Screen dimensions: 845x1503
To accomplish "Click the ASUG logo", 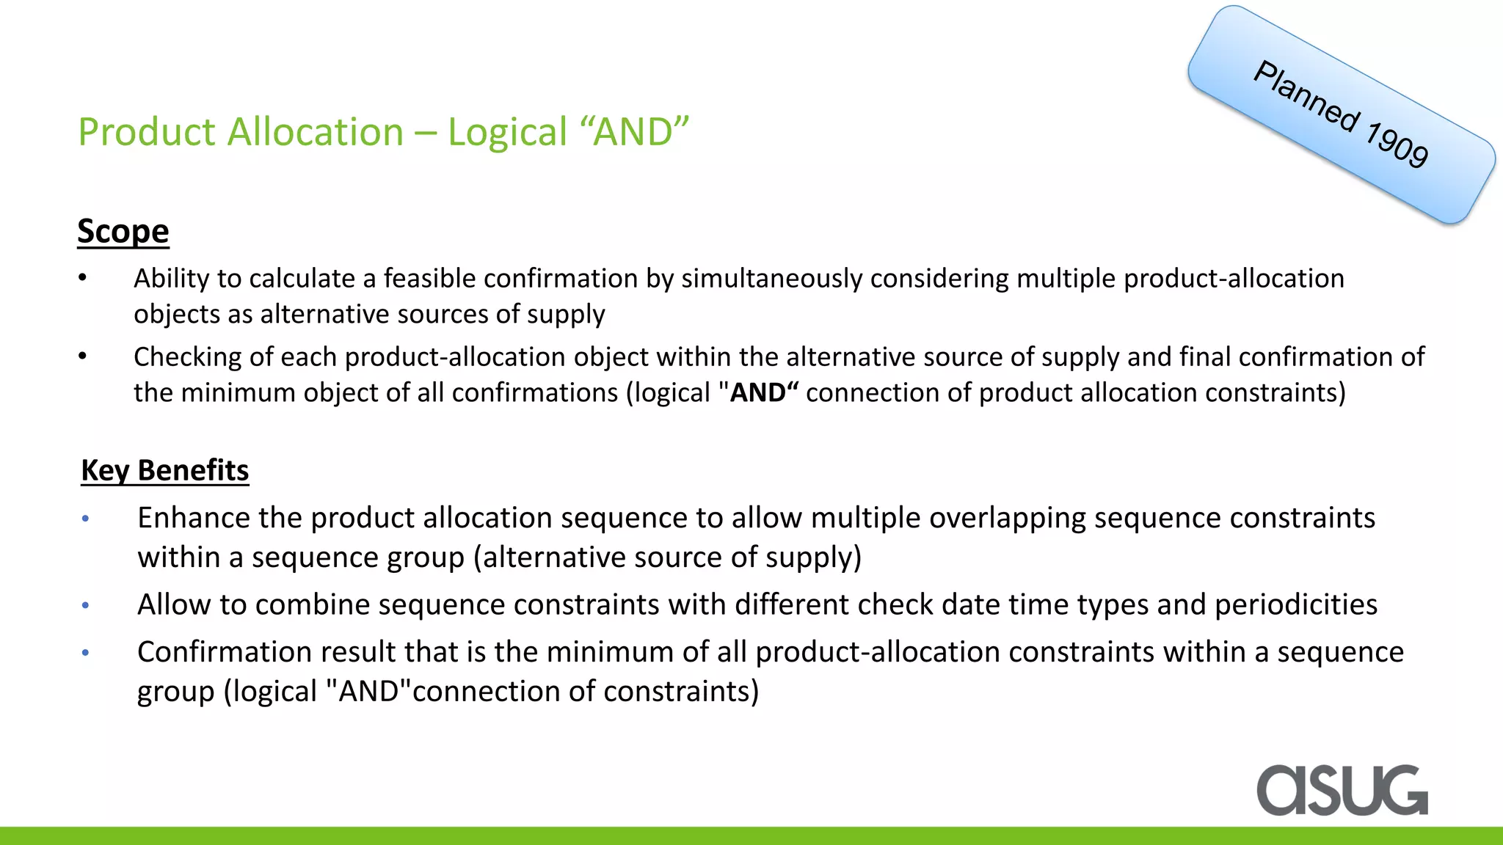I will [x=1342, y=790].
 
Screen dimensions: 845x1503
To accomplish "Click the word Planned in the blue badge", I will [x=1307, y=98].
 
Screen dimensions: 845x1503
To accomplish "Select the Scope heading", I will [x=123, y=231].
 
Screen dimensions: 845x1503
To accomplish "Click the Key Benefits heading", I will [x=165, y=470].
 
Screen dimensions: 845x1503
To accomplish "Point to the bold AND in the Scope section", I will [x=758, y=392].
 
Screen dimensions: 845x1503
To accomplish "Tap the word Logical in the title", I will [x=508, y=132].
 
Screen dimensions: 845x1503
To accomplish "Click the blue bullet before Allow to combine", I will [x=86, y=606].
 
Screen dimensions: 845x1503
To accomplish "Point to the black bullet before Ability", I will [x=83, y=278].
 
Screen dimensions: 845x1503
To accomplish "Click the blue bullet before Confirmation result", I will [x=86, y=653].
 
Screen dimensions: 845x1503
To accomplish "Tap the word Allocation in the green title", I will [x=316, y=132].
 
